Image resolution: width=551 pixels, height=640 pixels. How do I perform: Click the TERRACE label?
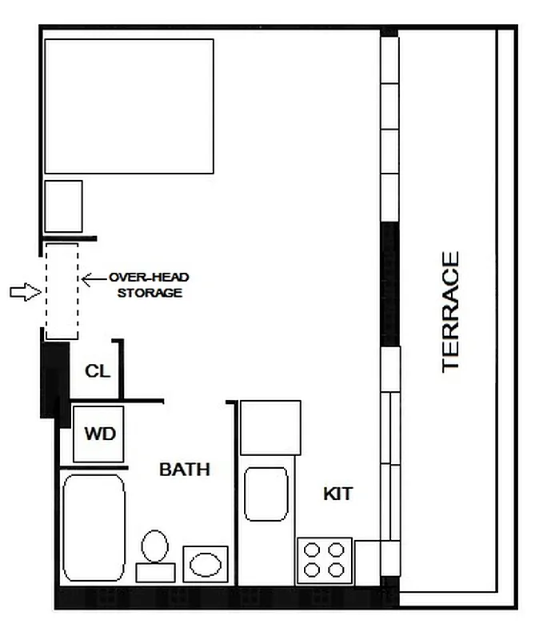(451, 311)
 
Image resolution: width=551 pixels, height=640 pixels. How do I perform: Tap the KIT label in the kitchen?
(337, 494)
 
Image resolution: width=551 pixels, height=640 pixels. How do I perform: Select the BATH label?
(185, 469)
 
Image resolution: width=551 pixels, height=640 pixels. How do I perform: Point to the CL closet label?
(98, 371)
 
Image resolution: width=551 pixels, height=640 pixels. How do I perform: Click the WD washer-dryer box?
(100, 434)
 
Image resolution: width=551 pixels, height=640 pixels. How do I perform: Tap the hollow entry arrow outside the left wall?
(25, 293)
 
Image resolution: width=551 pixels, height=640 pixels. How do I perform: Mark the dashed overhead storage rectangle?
(62, 290)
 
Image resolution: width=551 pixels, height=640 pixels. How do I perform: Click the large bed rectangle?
(129, 106)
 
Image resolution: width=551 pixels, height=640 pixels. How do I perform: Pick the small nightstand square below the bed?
(63, 206)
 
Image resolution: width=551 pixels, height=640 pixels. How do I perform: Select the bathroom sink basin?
(206, 564)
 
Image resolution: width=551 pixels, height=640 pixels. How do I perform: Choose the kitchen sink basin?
(266, 494)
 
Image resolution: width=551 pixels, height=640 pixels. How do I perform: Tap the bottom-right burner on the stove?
(337, 570)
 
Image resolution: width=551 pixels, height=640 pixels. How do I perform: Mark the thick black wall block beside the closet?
(53, 376)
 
